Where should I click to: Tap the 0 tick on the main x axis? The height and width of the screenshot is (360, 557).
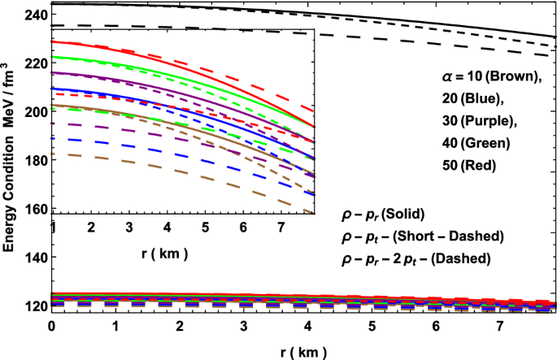(x=52, y=324)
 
